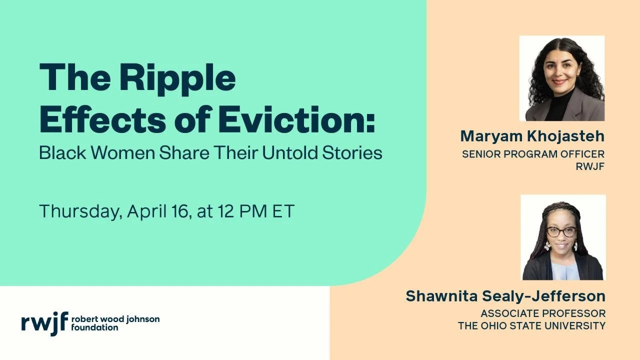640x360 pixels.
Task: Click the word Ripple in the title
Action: [177, 79]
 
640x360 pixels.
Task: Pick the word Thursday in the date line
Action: [80, 211]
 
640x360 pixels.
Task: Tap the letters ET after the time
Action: [283, 211]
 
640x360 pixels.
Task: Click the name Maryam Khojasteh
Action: [532, 136]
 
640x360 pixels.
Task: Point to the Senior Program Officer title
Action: [533, 154]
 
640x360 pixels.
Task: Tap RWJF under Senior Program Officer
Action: [590, 166]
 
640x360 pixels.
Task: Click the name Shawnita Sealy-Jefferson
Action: [505, 296]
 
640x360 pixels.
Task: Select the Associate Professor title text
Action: [543, 313]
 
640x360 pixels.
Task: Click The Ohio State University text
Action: [531, 326]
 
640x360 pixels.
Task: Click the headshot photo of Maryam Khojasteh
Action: [562, 78]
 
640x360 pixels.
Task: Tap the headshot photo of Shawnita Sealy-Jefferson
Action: [563, 237]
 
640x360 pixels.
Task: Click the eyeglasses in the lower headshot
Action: [561, 232]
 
